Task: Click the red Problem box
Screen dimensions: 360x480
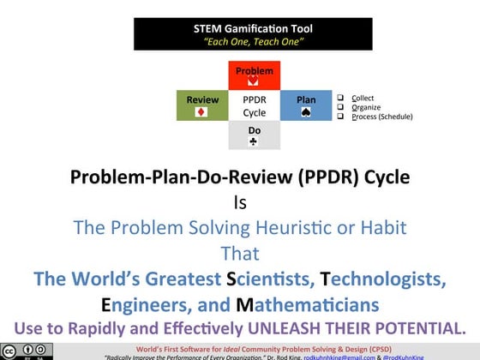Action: pos(255,76)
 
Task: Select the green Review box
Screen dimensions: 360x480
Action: pos(202,105)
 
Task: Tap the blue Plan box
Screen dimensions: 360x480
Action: pos(306,105)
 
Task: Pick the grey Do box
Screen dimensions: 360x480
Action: pos(255,136)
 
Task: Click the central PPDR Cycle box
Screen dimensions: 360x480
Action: pos(255,105)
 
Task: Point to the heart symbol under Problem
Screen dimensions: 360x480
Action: pos(255,82)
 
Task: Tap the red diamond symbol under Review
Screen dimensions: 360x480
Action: pos(202,112)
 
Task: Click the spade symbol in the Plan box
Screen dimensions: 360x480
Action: pos(306,112)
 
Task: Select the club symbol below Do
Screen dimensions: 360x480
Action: pos(255,142)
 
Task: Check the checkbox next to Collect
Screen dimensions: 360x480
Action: pos(340,97)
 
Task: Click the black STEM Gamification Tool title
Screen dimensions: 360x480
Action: pos(255,28)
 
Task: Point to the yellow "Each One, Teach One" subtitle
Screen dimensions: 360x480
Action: pos(255,40)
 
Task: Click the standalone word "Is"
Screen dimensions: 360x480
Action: pos(240,204)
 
